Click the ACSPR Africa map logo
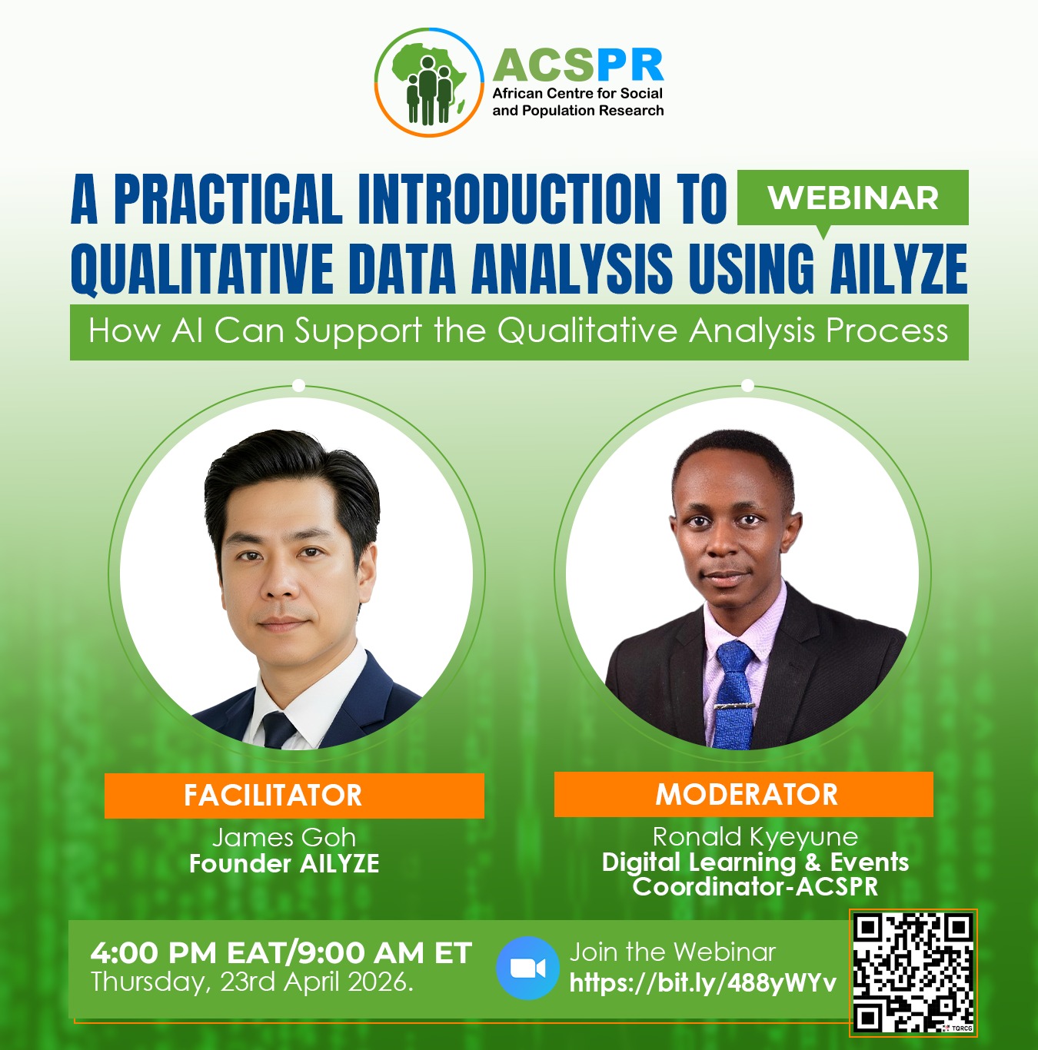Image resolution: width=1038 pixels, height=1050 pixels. coord(429,82)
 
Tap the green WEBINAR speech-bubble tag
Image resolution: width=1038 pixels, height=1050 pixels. coord(852,198)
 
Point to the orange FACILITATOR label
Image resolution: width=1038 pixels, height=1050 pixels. coord(294,795)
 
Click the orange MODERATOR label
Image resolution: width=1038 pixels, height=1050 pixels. coord(744,794)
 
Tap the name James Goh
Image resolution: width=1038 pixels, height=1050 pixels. coord(284,837)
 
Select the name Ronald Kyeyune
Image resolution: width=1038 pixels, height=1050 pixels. coord(754,836)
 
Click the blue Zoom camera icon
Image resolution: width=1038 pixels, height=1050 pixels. coord(527,968)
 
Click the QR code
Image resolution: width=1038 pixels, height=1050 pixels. coord(913,972)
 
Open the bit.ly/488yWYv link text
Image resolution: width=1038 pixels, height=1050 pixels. coord(702,982)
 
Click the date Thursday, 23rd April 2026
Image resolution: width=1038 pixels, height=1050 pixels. coord(252,982)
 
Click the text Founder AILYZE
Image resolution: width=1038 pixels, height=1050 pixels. coord(284,864)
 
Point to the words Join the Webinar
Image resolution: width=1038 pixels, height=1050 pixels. coord(672,952)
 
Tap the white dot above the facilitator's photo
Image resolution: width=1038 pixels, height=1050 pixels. coord(299,386)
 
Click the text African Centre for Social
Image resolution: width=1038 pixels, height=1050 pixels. coord(577,94)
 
